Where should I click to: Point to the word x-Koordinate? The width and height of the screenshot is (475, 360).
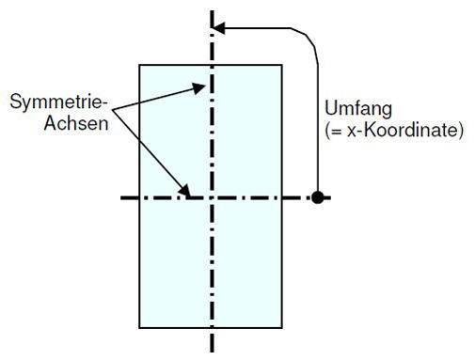pos(412,130)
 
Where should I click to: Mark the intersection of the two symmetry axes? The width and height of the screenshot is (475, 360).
pos(213,197)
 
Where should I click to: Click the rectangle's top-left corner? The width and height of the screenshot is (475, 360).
pos(140,65)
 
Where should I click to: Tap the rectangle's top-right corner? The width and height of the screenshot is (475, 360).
pos(281,65)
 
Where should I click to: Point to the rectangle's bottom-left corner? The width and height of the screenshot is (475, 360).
pos(140,328)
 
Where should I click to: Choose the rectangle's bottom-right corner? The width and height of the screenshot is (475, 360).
pos(281,328)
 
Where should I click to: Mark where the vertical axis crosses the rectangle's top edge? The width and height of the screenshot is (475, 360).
pos(213,65)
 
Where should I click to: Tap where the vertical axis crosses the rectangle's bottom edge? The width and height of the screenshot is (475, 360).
pos(213,328)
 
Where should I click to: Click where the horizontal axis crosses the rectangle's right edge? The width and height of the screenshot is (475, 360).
pos(281,197)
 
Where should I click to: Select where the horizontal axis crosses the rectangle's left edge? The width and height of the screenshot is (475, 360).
pos(140,197)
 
